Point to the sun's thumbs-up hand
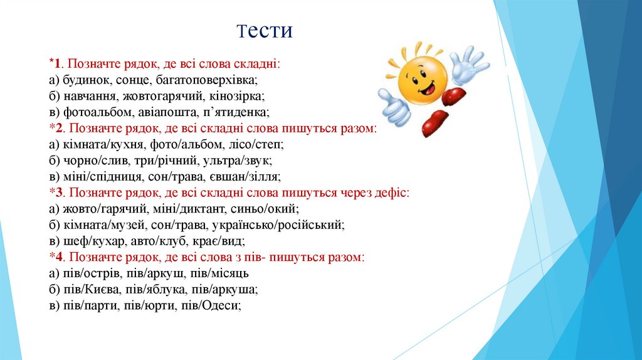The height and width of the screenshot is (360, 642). click(x=392, y=105)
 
